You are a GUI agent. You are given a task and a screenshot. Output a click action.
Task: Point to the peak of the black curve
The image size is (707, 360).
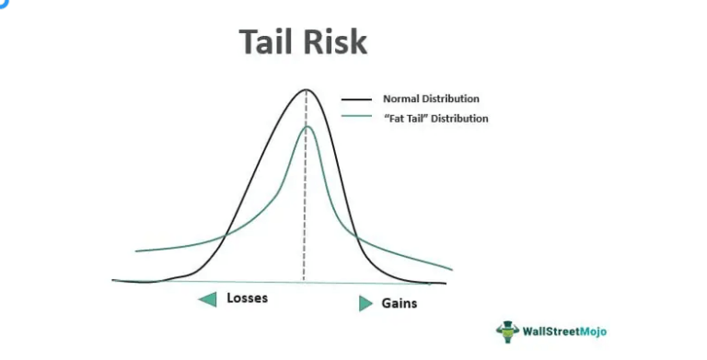point(306,89)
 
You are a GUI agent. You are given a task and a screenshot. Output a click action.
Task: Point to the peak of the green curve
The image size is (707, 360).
point(306,126)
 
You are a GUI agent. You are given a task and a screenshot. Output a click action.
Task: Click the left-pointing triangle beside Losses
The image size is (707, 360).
point(207,298)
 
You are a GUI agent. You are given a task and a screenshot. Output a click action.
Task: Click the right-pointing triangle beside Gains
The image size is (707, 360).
point(365,303)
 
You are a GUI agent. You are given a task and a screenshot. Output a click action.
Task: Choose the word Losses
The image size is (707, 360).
point(247,298)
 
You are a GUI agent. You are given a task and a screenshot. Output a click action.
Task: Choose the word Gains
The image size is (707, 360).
point(400,303)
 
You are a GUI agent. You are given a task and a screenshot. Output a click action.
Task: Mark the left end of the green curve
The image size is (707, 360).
point(136,250)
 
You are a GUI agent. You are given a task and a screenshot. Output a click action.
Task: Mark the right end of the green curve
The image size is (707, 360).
point(452,270)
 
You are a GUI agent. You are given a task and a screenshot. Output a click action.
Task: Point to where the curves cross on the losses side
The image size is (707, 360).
point(225,238)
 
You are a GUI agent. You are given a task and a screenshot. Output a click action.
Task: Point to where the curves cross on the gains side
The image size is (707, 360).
point(357,238)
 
